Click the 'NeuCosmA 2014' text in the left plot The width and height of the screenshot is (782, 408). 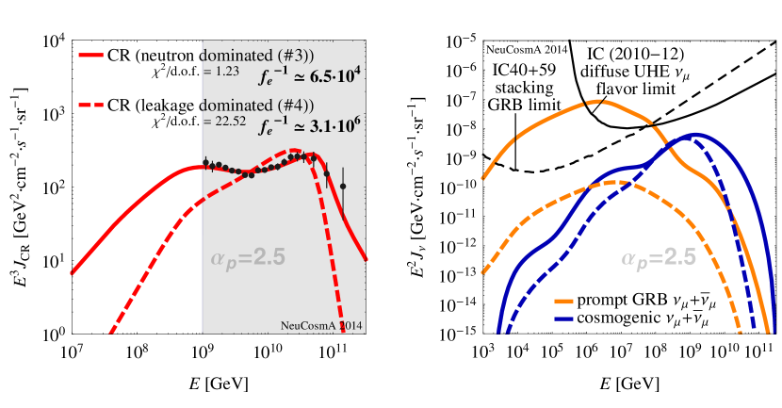point(322,325)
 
